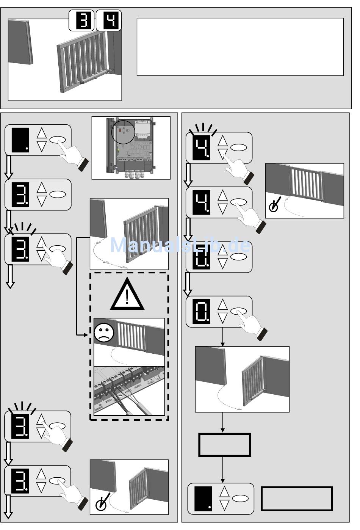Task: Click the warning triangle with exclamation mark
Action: tap(127, 295)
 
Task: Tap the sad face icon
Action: tap(104, 333)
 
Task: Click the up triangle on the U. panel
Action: tap(223, 250)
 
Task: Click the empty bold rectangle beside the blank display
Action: tap(297, 499)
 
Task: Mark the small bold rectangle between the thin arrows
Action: tap(225, 445)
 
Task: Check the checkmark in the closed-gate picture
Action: tap(274, 205)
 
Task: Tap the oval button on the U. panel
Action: tap(239, 257)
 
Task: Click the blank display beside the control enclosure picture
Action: tap(20, 140)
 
